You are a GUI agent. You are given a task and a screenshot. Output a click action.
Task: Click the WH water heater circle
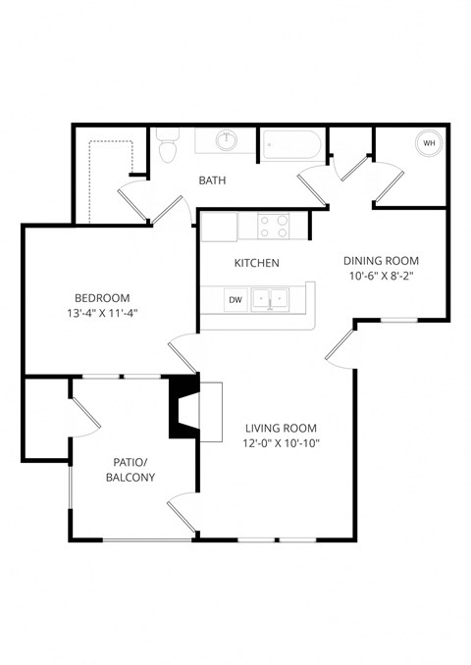click(x=429, y=143)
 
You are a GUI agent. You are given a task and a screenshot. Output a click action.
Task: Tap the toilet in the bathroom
click(x=166, y=146)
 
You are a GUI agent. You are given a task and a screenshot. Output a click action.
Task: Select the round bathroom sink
click(x=226, y=141)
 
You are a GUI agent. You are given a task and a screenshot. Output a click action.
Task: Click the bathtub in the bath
click(x=290, y=144)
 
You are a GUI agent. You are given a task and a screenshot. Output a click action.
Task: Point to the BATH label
click(x=213, y=180)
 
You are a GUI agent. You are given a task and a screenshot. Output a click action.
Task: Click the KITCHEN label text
click(x=257, y=263)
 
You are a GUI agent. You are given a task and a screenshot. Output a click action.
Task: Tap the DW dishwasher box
click(x=235, y=299)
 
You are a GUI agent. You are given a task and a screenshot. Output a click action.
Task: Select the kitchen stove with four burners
click(x=276, y=227)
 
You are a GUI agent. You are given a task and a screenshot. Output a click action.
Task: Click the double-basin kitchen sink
click(x=270, y=299)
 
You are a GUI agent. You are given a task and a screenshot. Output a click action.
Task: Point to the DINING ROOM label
click(x=381, y=261)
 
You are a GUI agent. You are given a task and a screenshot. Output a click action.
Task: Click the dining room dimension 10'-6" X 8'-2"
click(x=381, y=277)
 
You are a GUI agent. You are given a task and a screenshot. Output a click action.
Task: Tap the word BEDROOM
click(x=102, y=298)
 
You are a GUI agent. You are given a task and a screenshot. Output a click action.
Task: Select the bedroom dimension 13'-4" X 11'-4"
click(x=102, y=314)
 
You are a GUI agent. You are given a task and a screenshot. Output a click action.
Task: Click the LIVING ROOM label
click(x=281, y=428)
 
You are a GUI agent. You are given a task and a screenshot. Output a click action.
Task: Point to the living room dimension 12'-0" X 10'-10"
click(x=281, y=443)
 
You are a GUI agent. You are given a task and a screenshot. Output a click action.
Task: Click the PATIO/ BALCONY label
click(x=130, y=468)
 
